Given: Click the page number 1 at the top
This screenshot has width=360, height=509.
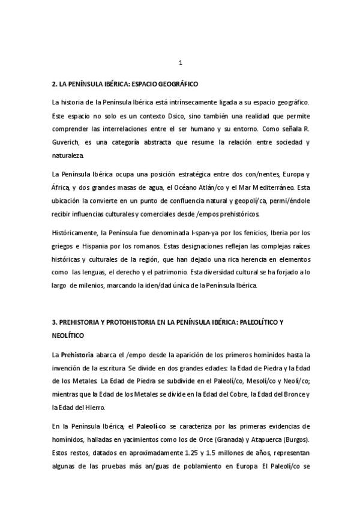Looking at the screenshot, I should point(181,62).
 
